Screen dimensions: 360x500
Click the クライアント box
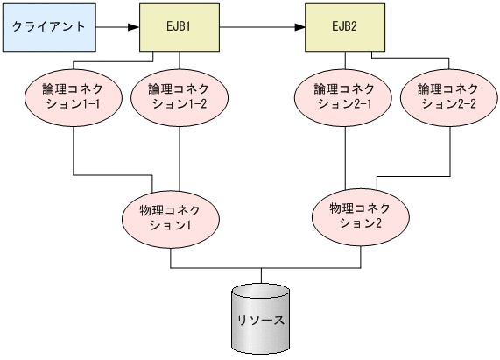49,26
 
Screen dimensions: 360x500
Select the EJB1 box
180,26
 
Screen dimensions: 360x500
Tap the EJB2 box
343,26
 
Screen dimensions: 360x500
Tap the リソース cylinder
261,320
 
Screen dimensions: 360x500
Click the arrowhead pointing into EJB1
134,26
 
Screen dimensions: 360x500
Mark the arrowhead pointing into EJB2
299,26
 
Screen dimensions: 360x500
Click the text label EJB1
180,26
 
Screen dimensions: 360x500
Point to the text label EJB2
343,26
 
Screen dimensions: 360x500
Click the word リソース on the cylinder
261,320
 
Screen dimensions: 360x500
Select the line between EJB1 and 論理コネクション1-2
179,60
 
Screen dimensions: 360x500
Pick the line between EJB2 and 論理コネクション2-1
343,60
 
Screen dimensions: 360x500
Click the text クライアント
49,26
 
